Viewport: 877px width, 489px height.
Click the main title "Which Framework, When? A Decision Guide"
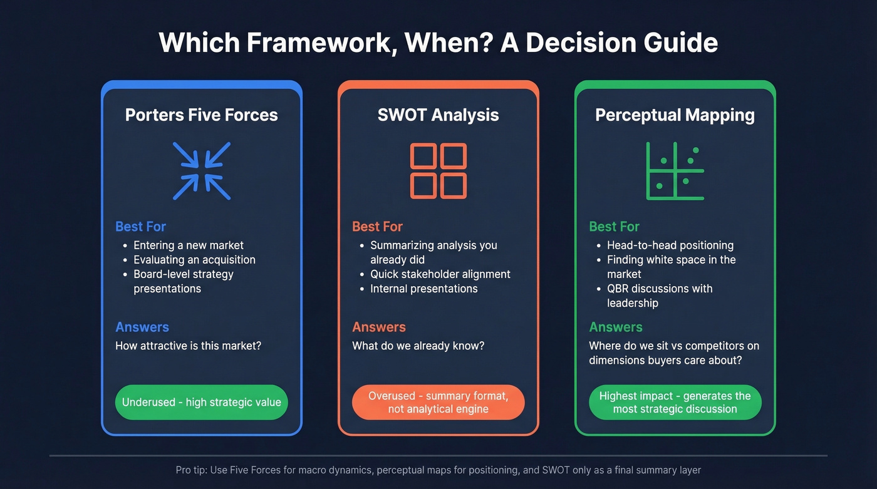438,43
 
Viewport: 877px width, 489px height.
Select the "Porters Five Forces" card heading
201,115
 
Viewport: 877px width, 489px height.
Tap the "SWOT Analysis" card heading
438,115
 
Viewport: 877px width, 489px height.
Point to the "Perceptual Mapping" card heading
675,115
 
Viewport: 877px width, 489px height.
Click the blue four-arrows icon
202,171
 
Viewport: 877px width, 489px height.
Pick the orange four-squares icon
438,171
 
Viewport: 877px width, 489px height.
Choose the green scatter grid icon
675,171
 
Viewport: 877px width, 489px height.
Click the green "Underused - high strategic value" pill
201,402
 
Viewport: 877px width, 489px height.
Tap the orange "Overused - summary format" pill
438,402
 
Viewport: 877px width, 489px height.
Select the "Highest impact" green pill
675,402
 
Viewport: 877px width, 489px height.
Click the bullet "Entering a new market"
189,245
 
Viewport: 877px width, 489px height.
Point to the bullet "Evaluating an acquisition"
194,260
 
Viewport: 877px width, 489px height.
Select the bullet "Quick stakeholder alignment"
440,274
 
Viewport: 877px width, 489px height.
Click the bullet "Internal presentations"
423,289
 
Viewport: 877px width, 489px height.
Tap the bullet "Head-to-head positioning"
670,245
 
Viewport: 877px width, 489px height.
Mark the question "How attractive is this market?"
188,346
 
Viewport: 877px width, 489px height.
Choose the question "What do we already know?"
418,346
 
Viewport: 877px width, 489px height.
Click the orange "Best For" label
377,227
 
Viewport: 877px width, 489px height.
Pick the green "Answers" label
616,327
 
